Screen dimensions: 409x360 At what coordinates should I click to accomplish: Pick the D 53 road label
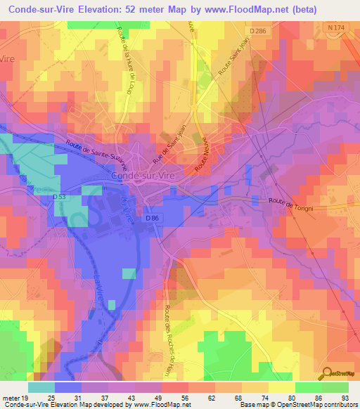point(61,196)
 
